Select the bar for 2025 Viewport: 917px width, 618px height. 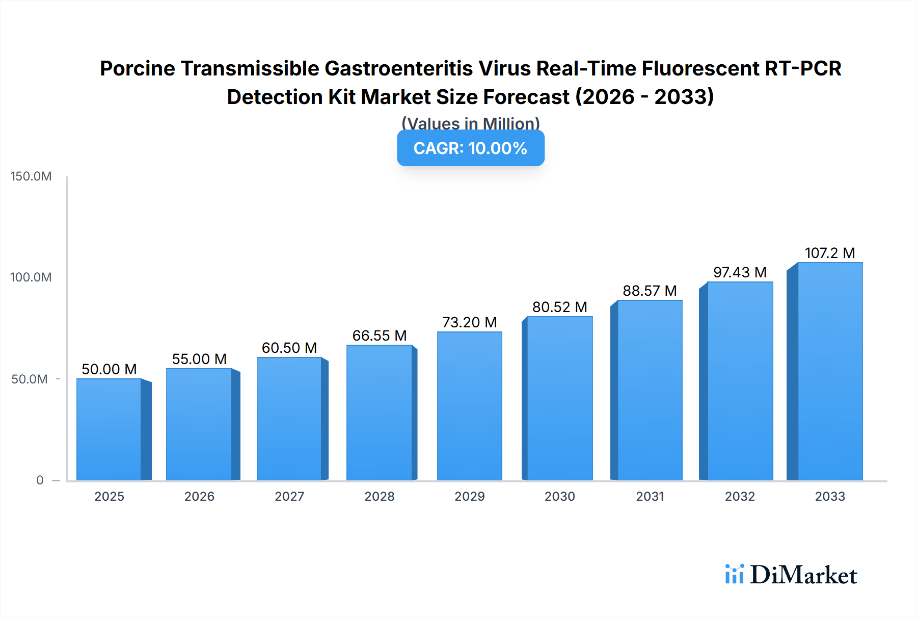click(109, 429)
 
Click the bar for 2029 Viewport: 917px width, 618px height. click(469, 406)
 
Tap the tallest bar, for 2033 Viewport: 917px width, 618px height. click(830, 371)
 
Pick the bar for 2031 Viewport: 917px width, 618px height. click(650, 390)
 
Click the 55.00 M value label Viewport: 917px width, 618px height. click(199, 359)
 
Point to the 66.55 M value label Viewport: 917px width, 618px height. click(380, 336)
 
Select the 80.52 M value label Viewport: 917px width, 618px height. click(559, 307)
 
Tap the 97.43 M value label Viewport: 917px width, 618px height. click(740, 272)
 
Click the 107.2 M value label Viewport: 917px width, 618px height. click(829, 253)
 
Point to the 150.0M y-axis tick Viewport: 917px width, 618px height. click(31, 176)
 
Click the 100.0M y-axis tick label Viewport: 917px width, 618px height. click(31, 277)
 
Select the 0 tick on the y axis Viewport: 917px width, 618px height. click(40, 480)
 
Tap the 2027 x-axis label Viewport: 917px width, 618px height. click(289, 497)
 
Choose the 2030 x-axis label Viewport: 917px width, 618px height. click(559, 497)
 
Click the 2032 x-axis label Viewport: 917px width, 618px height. click(740, 497)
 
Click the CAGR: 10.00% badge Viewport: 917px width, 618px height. click(470, 148)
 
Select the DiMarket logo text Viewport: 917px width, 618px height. click(803, 575)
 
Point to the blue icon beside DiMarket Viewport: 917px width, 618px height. click(734, 574)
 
